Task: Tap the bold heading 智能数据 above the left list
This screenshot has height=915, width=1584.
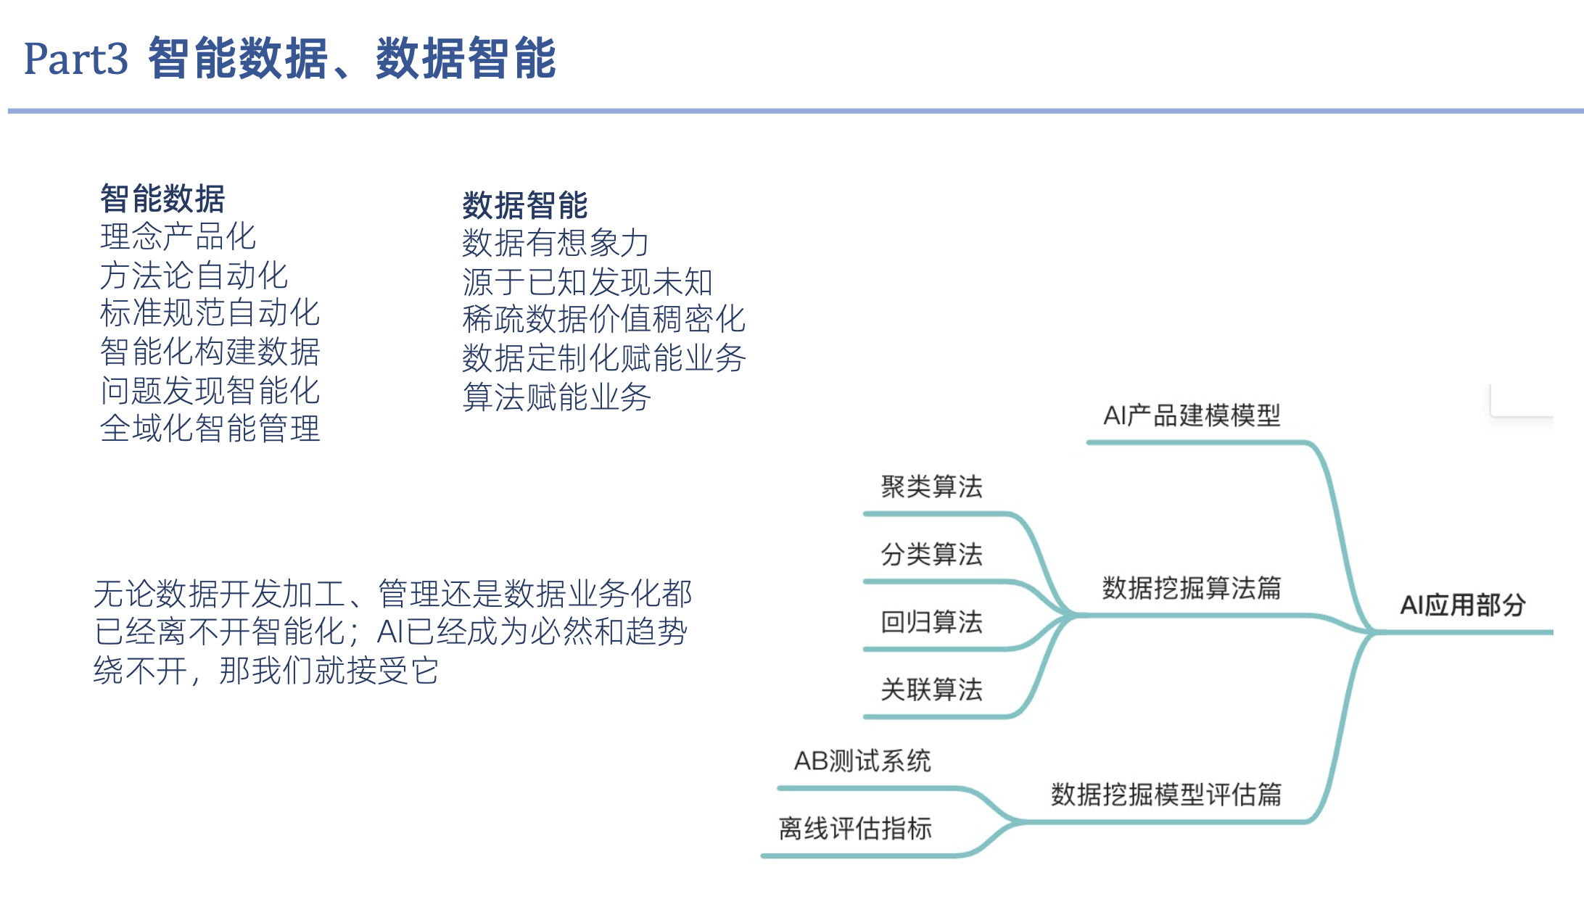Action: (x=162, y=199)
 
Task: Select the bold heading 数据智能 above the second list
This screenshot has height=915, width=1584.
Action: (x=525, y=205)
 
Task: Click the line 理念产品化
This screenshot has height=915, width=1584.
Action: (x=178, y=237)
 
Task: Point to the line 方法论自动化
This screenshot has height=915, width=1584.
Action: (x=194, y=276)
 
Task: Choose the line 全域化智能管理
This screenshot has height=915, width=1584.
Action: (x=210, y=428)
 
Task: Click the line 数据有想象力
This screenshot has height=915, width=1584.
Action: (x=556, y=243)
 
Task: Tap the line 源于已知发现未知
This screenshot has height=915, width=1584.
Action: (x=587, y=282)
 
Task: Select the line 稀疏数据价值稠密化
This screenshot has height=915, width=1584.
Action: (x=603, y=320)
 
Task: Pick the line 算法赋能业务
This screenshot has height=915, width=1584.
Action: (x=556, y=397)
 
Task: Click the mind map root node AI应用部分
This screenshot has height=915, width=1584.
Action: (x=1462, y=605)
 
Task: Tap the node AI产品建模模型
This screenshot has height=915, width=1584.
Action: (x=1192, y=415)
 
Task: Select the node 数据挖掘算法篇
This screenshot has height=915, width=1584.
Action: (x=1192, y=588)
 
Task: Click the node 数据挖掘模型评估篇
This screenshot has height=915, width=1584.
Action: (x=1166, y=795)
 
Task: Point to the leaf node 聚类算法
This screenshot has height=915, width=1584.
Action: (x=931, y=487)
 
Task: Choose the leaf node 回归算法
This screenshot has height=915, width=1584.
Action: (x=931, y=622)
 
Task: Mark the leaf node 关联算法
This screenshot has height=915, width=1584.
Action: (x=931, y=690)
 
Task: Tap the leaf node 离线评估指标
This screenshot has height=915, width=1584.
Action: (x=855, y=829)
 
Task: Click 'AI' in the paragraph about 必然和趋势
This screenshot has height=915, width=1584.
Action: (x=389, y=632)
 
